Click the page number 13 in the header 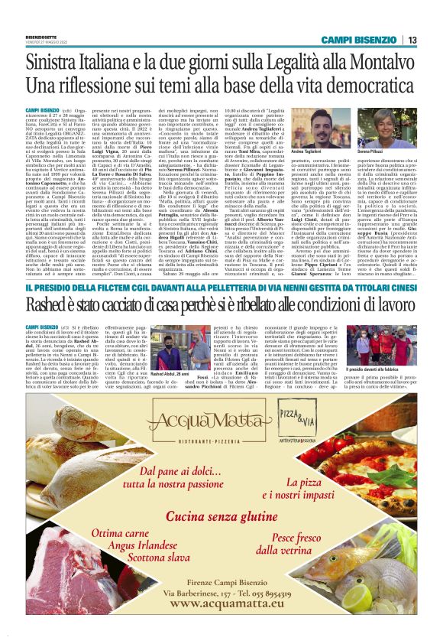[412, 39]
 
